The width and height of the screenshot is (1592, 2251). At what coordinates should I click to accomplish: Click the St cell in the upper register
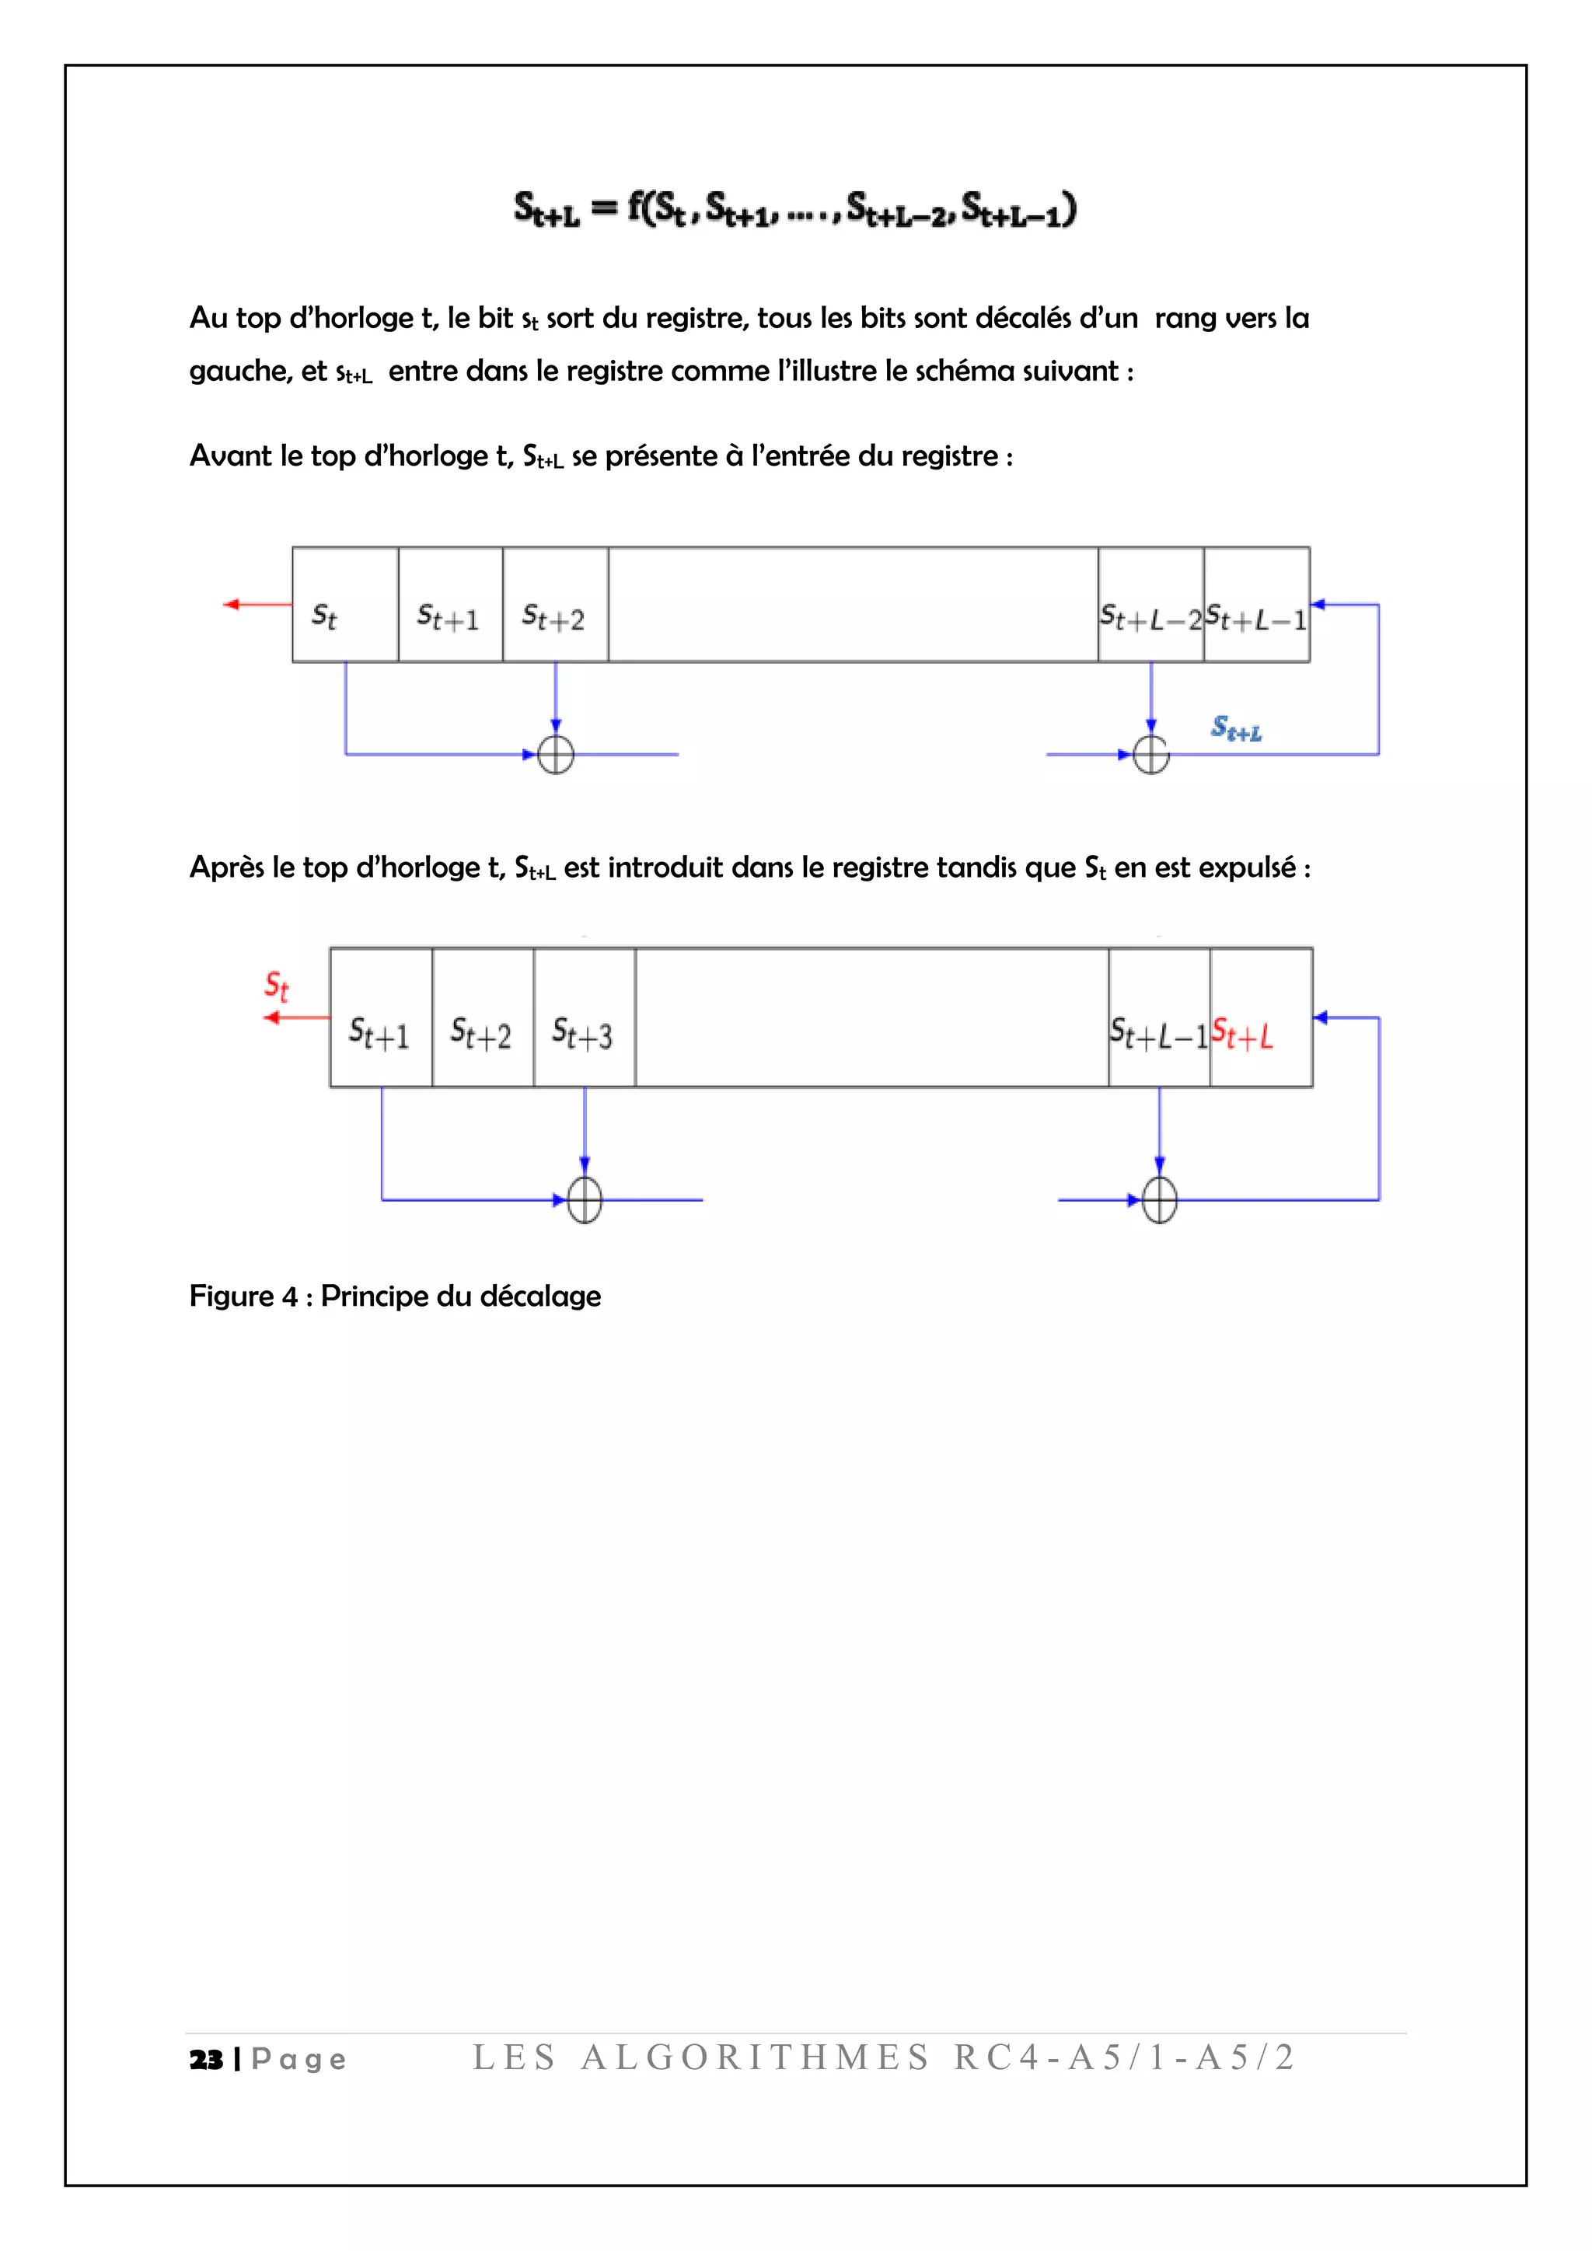344,606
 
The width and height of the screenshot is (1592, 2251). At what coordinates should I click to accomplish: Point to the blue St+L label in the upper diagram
1236,728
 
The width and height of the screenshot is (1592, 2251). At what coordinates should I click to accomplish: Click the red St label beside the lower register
277,986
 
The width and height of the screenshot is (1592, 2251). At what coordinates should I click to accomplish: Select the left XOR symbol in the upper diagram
556,754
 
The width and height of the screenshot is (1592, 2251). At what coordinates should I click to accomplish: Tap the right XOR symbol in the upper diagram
1151,754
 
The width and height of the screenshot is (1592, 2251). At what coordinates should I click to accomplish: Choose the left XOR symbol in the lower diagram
585,1199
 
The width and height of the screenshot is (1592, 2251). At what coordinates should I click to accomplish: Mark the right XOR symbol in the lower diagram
1160,1199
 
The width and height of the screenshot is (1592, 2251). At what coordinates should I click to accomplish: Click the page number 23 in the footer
206,2060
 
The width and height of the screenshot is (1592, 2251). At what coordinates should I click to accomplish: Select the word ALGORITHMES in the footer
755,2057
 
